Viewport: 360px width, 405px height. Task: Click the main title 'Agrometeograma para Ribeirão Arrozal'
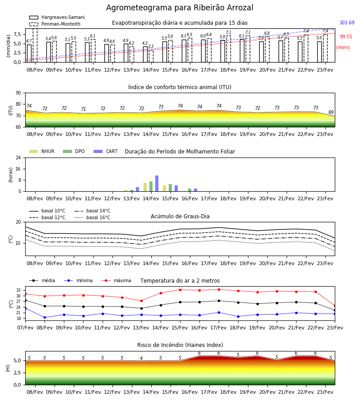pyautogui.click(x=180, y=8)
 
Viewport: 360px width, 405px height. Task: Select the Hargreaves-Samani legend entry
pyautogui.click(x=57, y=17)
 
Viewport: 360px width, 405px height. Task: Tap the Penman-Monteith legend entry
pyautogui.click(x=55, y=24)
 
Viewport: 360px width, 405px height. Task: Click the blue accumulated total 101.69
pyautogui.click(x=347, y=23)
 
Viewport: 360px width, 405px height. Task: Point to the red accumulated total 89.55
pyautogui.click(x=346, y=37)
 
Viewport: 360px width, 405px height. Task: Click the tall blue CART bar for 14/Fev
pyautogui.click(x=157, y=184)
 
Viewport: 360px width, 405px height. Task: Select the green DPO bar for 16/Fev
pyautogui.click(x=189, y=190)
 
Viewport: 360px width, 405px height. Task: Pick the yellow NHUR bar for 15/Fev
pyautogui.click(x=165, y=188)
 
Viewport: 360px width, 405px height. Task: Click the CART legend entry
pyautogui.click(x=106, y=151)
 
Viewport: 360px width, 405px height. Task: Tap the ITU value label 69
pyautogui.click(x=331, y=112)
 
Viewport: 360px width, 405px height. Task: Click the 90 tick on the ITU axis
pyautogui.click(x=18, y=93)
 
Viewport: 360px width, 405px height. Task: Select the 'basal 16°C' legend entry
pyautogui.click(x=92, y=217)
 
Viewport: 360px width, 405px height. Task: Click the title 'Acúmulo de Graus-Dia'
pyautogui.click(x=180, y=216)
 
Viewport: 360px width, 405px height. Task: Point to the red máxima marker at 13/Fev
pyautogui.click(x=141, y=301)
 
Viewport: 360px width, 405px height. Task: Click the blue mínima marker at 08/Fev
pyautogui.click(x=45, y=317)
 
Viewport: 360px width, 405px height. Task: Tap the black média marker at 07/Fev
pyautogui.click(x=25, y=301)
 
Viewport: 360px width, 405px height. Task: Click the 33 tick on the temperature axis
pyautogui.click(x=18, y=290)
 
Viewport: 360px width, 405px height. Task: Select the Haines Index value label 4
pyautogui.click(x=141, y=358)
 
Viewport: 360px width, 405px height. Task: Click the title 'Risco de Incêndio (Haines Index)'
pyautogui.click(x=180, y=345)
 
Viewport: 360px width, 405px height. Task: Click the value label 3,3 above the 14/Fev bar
pyautogui.click(x=151, y=46)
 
